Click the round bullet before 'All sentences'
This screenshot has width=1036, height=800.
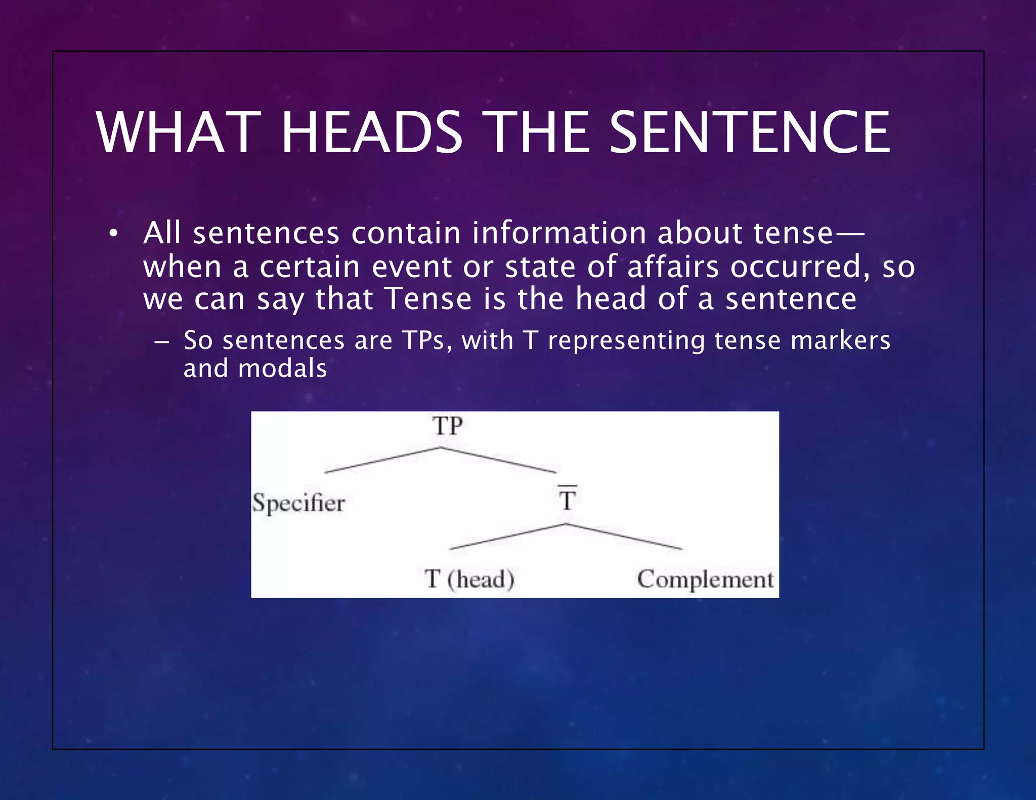click(113, 234)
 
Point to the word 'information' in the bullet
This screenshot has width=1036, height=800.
click(559, 233)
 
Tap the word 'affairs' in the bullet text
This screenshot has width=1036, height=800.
click(673, 266)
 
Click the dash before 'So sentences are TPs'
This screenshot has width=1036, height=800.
click(161, 342)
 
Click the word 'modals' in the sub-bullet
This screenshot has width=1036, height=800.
click(282, 368)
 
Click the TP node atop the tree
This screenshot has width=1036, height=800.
click(447, 426)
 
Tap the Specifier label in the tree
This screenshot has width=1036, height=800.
click(298, 503)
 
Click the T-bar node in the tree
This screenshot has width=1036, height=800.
click(567, 499)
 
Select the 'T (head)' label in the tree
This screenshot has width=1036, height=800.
click(469, 579)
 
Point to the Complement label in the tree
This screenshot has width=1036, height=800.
click(705, 579)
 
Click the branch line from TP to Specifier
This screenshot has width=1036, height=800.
click(382, 460)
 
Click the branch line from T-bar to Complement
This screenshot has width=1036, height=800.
click(625, 537)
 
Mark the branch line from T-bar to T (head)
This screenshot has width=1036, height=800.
click(507, 537)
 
